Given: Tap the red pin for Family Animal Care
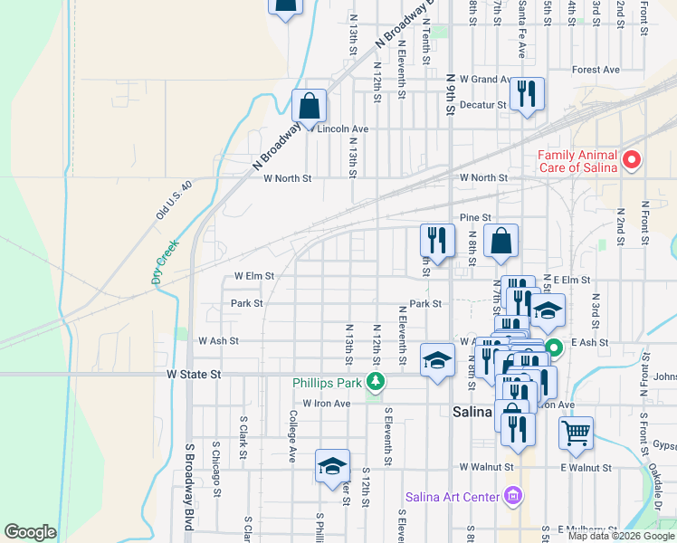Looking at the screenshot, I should (633, 161).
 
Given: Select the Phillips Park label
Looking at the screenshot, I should (327, 383).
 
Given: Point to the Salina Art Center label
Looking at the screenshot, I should (452, 496).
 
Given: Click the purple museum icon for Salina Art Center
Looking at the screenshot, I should (514, 496).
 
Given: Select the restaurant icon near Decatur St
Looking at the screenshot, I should (527, 93).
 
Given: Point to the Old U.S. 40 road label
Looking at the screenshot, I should (175, 200).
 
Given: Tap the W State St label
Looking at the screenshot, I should (194, 374).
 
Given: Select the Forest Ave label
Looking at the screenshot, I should (596, 70).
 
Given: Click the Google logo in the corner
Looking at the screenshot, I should (30, 532).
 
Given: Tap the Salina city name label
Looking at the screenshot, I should (472, 412).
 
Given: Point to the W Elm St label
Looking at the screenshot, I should (253, 275).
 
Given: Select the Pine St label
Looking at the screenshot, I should (474, 218).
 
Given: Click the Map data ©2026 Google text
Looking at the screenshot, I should (621, 536).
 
